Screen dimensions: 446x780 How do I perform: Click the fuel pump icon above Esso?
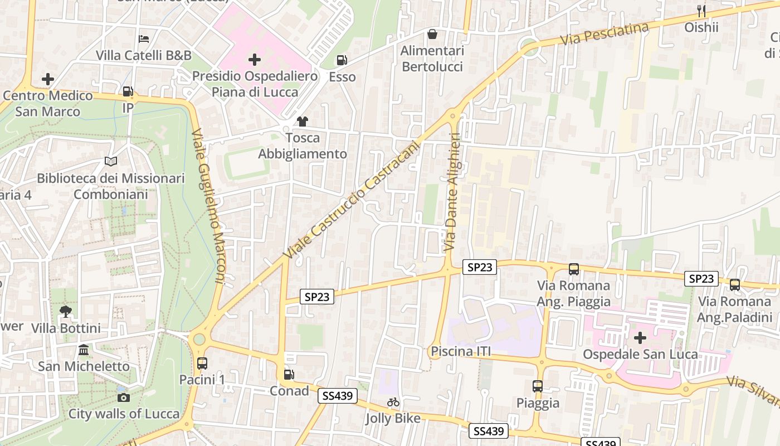[342, 60]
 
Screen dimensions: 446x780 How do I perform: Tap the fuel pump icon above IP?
[128, 91]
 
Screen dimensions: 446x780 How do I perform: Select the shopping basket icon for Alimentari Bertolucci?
[432, 34]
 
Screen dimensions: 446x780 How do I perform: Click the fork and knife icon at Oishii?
[701, 11]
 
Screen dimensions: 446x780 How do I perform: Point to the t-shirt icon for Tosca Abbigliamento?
[302, 121]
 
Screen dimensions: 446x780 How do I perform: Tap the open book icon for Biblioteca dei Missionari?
[111, 161]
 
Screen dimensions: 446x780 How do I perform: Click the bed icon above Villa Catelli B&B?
[144, 38]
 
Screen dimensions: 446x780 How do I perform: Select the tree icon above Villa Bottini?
[66, 311]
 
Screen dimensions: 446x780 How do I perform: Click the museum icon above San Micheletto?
[84, 350]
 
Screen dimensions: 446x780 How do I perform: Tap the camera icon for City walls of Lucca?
[124, 397]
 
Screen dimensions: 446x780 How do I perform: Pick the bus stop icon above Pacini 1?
[202, 363]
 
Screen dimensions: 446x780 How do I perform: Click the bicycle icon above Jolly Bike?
[393, 401]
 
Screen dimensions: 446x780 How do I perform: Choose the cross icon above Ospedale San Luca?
[640, 337]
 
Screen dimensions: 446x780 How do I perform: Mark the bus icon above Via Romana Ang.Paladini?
[735, 284]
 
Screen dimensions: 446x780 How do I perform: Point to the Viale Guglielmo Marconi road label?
[209, 206]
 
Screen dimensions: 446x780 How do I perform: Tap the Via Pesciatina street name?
[604, 33]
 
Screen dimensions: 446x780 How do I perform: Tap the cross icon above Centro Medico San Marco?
[48, 79]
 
